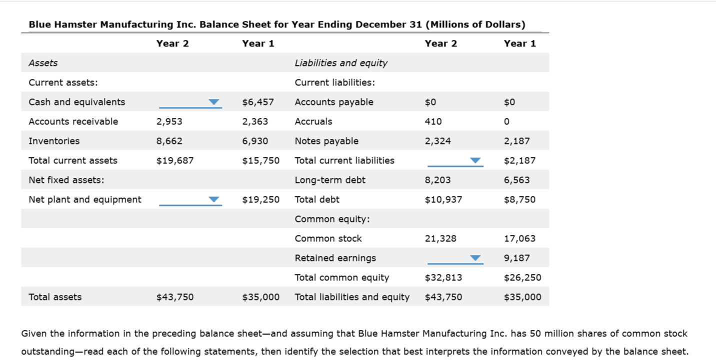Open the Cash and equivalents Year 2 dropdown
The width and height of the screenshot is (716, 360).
point(190,102)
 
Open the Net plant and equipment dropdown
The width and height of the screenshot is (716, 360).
point(190,200)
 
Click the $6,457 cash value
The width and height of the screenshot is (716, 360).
point(258,102)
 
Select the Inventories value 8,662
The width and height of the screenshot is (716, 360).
point(169,141)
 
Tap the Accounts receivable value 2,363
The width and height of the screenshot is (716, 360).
point(255,121)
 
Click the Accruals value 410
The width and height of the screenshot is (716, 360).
point(433,121)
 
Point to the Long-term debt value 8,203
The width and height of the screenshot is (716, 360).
point(438,180)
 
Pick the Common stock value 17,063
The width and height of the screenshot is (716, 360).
point(519,238)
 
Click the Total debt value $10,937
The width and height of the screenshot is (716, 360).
point(443,199)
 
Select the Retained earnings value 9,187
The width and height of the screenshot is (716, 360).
point(517,258)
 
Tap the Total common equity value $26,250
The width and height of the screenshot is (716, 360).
point(522,277)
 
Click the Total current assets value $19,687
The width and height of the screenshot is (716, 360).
point(175,160)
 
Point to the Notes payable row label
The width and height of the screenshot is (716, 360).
point(326,141)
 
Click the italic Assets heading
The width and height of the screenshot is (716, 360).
point(43,63)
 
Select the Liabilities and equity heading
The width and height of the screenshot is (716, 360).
point(341,63)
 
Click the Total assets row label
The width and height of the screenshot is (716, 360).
point(55,297)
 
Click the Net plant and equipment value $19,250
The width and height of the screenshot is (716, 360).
point(261,199)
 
